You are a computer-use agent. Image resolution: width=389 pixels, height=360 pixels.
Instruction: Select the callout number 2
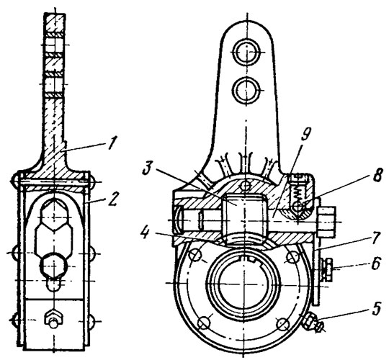coord(112,199)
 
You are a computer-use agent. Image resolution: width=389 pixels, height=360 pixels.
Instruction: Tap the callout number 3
coord(148,171)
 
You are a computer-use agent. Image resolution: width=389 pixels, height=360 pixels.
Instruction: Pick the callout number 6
coord(375,264)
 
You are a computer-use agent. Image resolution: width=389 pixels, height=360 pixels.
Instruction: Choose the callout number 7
coord(375,239)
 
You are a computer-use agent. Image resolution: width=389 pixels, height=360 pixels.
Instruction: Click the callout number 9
coord(306,135)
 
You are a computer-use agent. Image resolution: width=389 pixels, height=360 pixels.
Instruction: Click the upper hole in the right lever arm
coord(246,52)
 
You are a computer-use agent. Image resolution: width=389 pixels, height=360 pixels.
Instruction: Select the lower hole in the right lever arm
coord(246,89)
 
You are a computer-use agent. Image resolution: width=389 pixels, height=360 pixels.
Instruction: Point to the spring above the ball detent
coord(299,192)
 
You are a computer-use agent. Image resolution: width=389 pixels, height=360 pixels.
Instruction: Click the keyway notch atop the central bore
coord(252,259)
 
